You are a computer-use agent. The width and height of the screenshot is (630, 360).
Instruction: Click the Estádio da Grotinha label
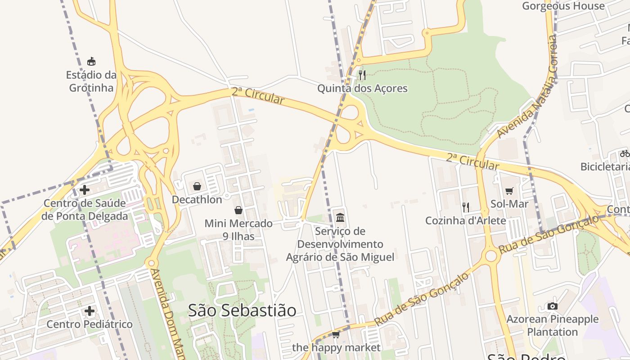click(x=91, y=81)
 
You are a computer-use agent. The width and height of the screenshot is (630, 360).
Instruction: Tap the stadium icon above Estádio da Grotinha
click(x=91, y=61)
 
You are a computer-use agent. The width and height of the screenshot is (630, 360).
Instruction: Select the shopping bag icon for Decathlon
click(x=197, y=186)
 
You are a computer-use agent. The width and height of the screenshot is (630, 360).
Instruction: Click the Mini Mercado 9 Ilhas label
click(x=238, y=229)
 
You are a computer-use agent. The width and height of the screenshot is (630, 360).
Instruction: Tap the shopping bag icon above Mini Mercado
click(x=238, y=210)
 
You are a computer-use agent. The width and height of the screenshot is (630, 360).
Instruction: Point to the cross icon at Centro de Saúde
click(x=84, y=190)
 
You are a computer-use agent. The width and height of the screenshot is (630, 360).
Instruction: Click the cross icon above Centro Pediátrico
click(x=90, y=311)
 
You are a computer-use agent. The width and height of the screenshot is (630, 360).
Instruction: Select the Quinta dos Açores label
click(x=362, y=88)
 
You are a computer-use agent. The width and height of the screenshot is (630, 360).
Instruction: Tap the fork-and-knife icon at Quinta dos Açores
click(x=362, y=75)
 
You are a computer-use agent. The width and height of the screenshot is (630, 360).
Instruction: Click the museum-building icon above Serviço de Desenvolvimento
click(x=340, y=218)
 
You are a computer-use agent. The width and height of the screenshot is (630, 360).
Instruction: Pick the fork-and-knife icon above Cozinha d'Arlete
click(x=466, y=207)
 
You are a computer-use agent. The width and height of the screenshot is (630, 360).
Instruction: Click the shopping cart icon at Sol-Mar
click(x=509, y=191)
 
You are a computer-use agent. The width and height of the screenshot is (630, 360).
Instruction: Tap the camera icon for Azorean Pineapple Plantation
click(x=553, y=306)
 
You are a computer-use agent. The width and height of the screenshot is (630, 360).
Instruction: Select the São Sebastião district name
click(x=242, y=310)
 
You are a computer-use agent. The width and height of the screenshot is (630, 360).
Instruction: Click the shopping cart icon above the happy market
click(x=336, y=334)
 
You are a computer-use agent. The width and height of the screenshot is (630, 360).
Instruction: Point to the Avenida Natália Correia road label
click(x=526, y=88)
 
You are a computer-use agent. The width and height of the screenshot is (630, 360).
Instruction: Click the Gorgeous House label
click(x=563, y=6)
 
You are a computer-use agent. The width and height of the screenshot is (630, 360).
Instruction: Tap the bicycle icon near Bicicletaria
click(x=625, y=153)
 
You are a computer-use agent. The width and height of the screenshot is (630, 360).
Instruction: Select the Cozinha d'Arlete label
click(x=466, y=221)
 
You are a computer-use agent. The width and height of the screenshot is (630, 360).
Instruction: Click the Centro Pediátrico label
click(x=90, y=324)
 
